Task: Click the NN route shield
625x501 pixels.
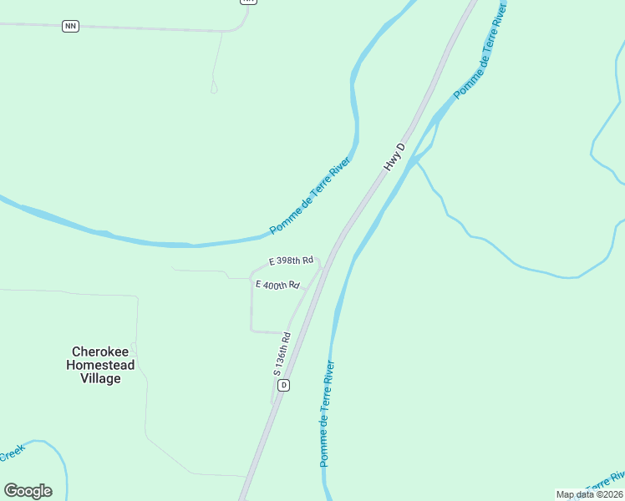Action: [x=70, y=26]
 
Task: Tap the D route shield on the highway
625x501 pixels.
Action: [x=284, y=385]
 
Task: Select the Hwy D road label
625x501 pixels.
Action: [x=394, y=157]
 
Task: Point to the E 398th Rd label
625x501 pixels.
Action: [x=291, y=261]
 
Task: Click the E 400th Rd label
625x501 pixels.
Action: [x=277, y=286]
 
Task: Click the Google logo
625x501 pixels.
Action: [x=28, y=490]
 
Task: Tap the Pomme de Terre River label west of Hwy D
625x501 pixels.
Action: [x=309, y=194]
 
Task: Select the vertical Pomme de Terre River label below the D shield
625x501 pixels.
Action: [x=327, y=413]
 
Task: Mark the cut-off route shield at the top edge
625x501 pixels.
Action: [x=247, y=2]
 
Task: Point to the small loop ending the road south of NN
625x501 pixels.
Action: [x=214, y=87]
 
